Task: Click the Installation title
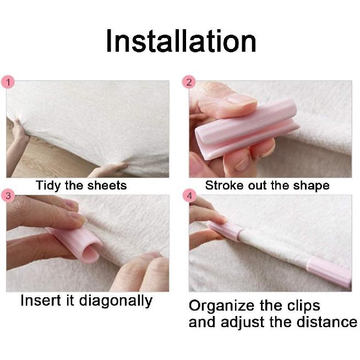tap(181, 42)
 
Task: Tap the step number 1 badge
tap(8, 82)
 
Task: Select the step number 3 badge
tap(8, 195)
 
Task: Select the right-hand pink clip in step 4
tap(329, 271)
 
